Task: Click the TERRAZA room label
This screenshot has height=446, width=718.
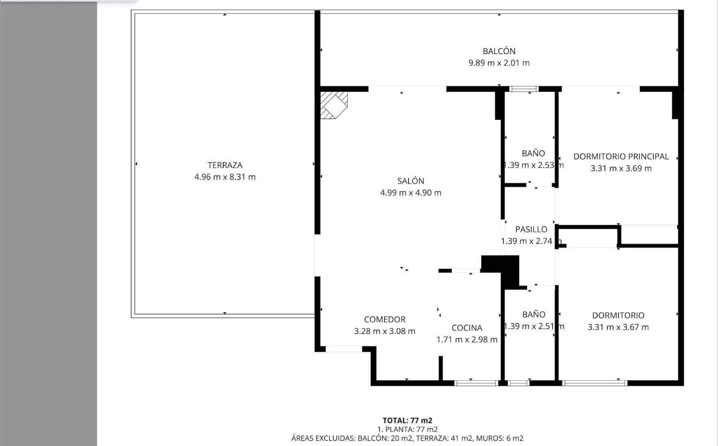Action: [225, 165]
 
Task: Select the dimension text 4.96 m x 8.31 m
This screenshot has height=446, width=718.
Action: [225, 177]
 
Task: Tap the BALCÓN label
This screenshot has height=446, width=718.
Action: [499, 51]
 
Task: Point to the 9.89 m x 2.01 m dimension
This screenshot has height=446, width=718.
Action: [499, 63]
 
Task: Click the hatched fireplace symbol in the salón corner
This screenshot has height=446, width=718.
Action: [333, 105]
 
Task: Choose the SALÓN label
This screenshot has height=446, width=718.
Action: [411, 181]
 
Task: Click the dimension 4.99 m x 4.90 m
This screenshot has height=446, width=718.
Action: [411, 193]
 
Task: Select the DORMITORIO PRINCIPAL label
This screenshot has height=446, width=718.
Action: [621, 156]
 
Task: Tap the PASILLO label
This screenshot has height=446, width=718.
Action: [531, 229]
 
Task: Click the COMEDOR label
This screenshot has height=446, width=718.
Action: [385, 319]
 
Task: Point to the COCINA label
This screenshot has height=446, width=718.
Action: [467, 328]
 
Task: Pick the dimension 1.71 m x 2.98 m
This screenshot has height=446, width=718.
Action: [467, 340]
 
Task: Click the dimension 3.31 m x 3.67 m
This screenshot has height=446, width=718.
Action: [618, 327]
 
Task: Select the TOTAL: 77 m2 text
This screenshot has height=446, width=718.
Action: [407, 420]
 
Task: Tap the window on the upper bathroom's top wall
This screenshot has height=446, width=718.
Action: [524, 89]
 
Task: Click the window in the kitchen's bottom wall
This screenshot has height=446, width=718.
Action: [476, 383]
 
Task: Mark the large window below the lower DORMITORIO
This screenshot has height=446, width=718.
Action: [594, 383]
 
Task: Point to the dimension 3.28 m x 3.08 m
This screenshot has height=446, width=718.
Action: [385, 331]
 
